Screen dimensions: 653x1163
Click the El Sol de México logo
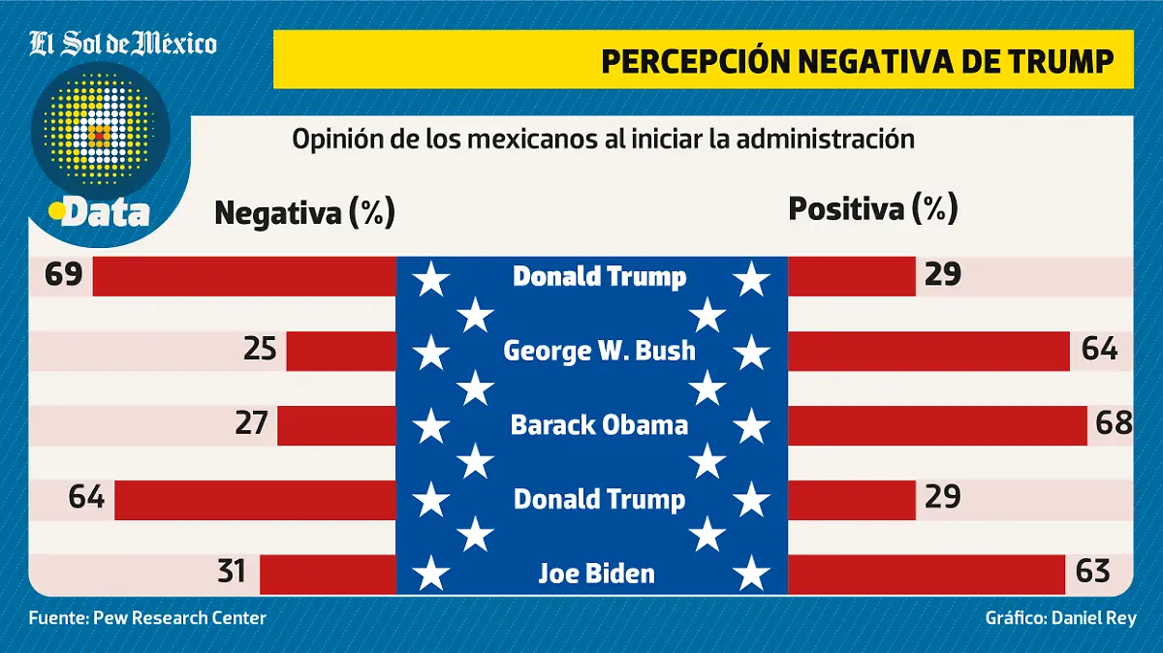[x=122, y=44]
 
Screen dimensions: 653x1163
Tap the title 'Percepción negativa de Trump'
[x=857, y=60]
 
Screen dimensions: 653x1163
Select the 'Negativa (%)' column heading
[x=304, y=212]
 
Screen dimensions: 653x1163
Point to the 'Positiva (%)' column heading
[x=872, y=208]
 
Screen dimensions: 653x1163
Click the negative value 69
[x=63, y=276]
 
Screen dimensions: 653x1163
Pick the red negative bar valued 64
[x=256, y=500]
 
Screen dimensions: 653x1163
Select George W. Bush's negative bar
[x=341, y=351]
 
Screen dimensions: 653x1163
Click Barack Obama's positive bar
[x=937, y=425]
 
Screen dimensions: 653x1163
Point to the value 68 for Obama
[x=1113, y=423]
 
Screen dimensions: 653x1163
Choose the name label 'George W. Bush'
[x=599, y=350]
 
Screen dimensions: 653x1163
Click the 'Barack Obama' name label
[x=599, y=424]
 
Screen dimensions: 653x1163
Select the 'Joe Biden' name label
[x=596, y=574]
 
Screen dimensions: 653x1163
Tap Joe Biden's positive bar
[x=927, y=574]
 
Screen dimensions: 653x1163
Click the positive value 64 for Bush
[x=1099, y=349]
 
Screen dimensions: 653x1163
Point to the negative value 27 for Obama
[x=251, y=424]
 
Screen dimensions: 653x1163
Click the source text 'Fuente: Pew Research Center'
[x=147, y=618]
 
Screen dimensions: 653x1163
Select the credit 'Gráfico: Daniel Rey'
[x=1060, y=618]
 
